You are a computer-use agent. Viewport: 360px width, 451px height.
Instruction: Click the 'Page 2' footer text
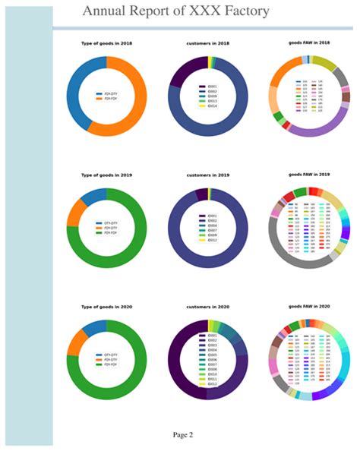[x=182, y=434]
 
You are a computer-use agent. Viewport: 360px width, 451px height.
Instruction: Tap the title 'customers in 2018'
[x=207, y=44]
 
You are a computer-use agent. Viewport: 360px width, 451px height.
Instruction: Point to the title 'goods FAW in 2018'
[x=309, y=44]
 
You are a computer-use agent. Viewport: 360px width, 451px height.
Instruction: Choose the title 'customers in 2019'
[x=207, y=175]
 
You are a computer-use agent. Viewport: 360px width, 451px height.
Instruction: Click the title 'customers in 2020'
[x=207, y=307]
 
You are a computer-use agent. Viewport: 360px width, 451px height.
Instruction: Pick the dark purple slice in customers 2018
[x=183, y=72]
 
